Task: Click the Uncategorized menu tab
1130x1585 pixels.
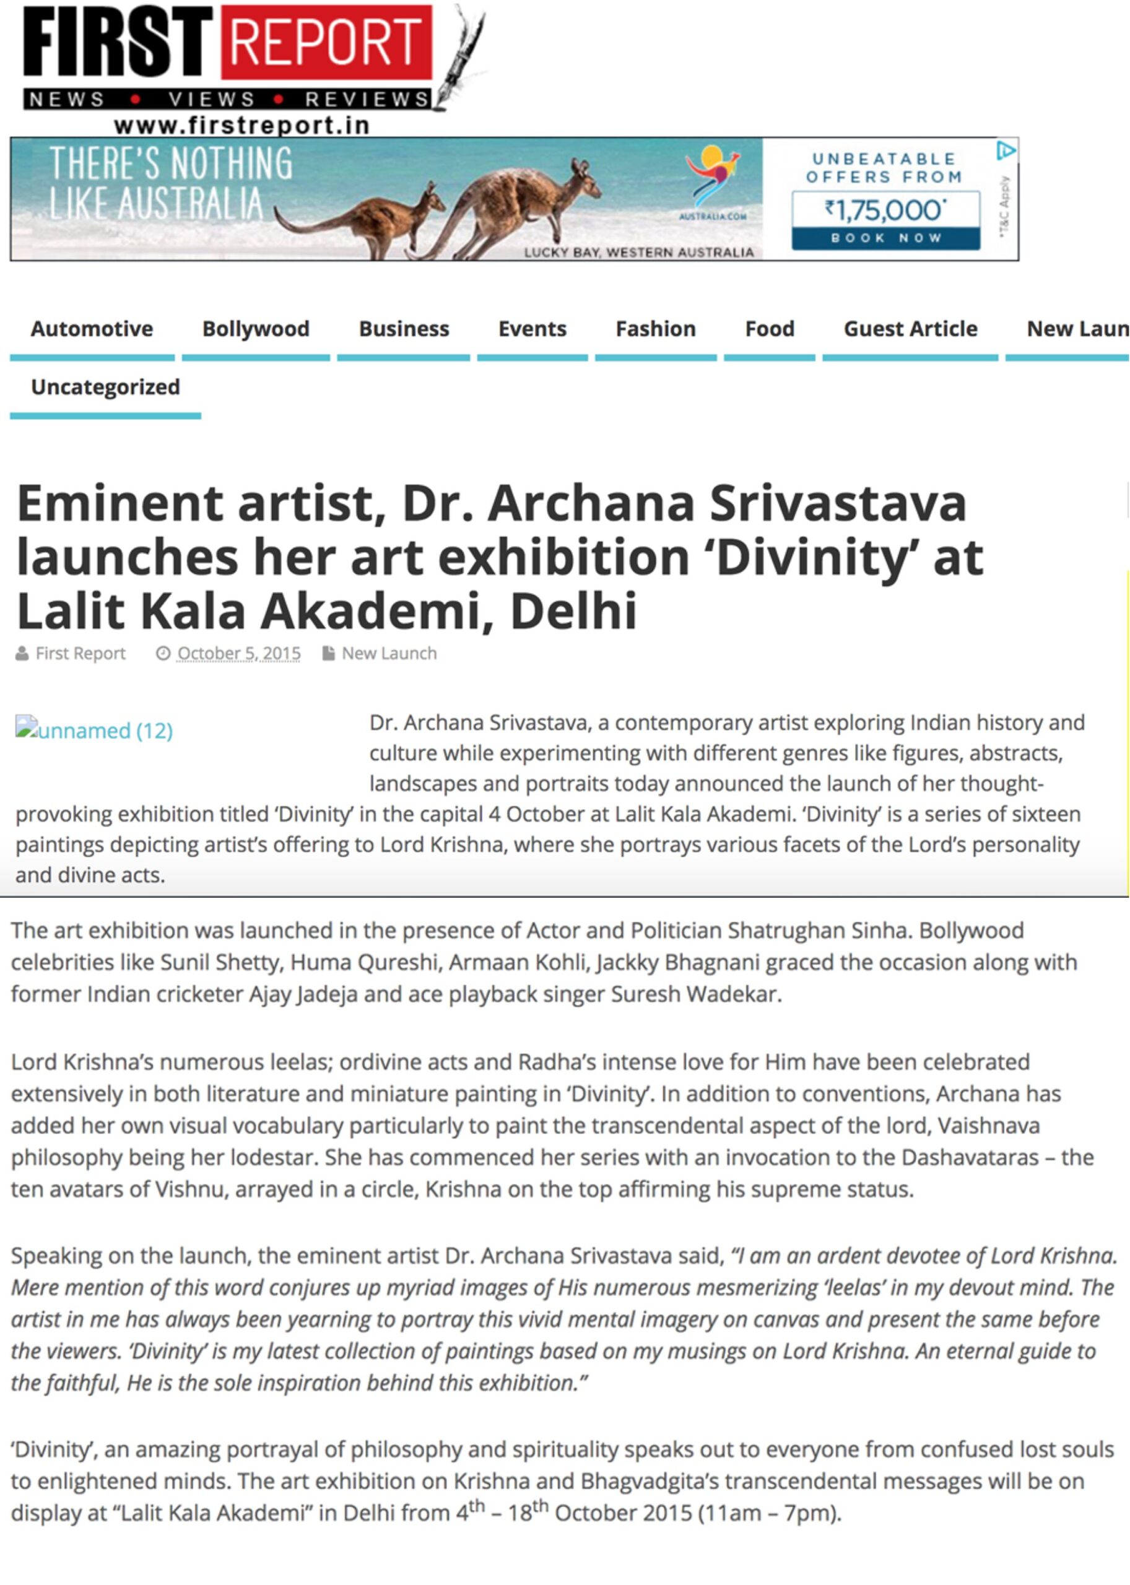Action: pyautogui.click(x=105, y=387)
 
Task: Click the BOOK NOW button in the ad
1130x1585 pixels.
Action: pyautogui.click(x=886, y=238)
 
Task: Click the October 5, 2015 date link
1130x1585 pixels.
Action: pyautogui.click(x=238, y=653)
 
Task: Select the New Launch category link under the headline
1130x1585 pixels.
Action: pyautogui.click(x=389, y=653)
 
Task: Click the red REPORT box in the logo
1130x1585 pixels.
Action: pyautogui.click(x=326, y=43)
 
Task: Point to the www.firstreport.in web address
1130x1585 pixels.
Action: pyautogui.click(x=241, y=125)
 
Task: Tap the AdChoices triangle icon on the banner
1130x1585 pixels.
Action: pyautogui.click(x=1006, y=150)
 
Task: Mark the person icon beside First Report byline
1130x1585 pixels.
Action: pyautogui.click(x=22, y=653)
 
